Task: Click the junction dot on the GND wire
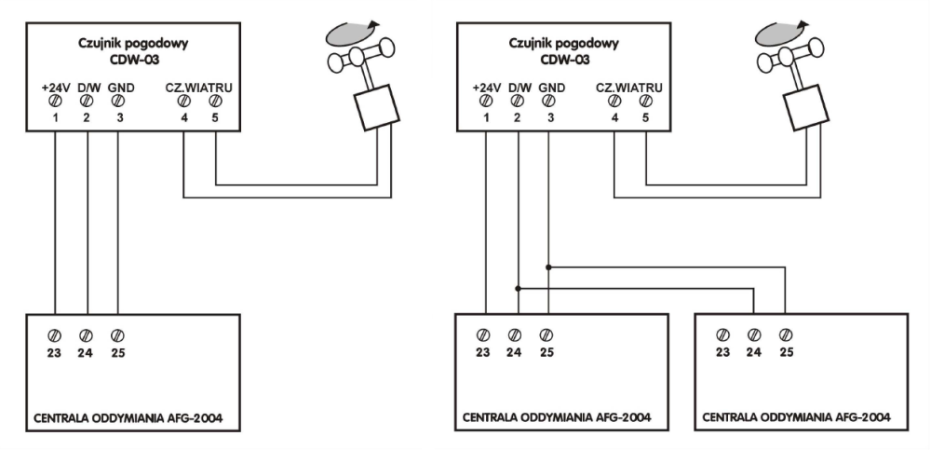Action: pos(549,266)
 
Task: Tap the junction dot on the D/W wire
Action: pos(517,288)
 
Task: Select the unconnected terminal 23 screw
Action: pos(722,334)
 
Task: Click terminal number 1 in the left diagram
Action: pos(56,118)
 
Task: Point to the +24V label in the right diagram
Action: pos(486,89)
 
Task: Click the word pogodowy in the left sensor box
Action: pos(153,45)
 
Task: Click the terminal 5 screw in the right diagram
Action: pos(646,103)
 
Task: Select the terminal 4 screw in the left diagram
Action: pos(183,103)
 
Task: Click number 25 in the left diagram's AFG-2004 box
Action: pos(116,352)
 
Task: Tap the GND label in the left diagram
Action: pos(121,89)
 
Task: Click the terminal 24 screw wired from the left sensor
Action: pos(86,334)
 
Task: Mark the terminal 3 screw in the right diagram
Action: pos(549,103)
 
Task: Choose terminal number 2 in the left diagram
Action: pos(87,118)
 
